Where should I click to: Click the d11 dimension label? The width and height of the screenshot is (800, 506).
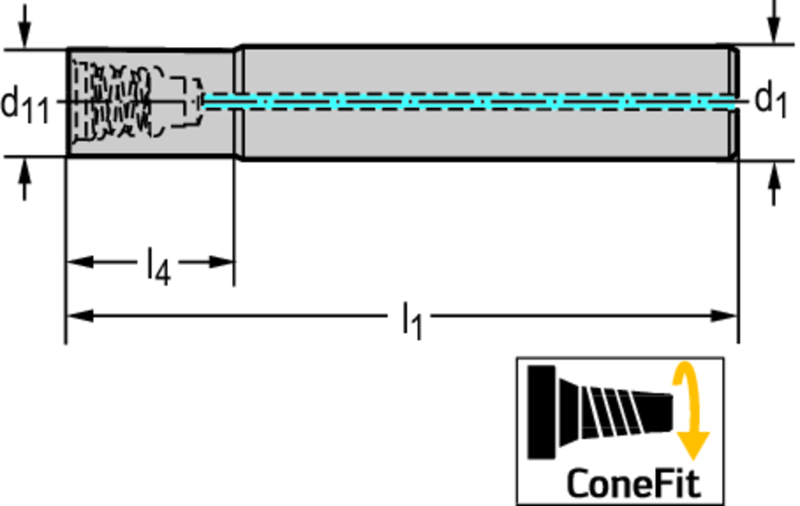click(x=25, y=103)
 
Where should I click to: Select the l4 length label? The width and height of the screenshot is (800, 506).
click(x=158, y=265)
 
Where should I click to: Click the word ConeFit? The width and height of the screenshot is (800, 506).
click(x=633, y=483)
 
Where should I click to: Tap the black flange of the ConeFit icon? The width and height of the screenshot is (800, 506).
click(x=541, y=411)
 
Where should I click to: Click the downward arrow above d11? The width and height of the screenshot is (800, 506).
click(x=25, y=31)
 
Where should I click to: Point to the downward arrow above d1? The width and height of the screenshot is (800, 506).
click(x=774, y=27)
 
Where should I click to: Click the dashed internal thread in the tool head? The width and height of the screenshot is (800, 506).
click(x=117, y=102)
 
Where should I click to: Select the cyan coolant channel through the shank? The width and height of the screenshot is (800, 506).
click(x=469, y=102)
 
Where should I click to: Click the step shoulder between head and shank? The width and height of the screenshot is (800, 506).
click(x=239, y=102)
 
